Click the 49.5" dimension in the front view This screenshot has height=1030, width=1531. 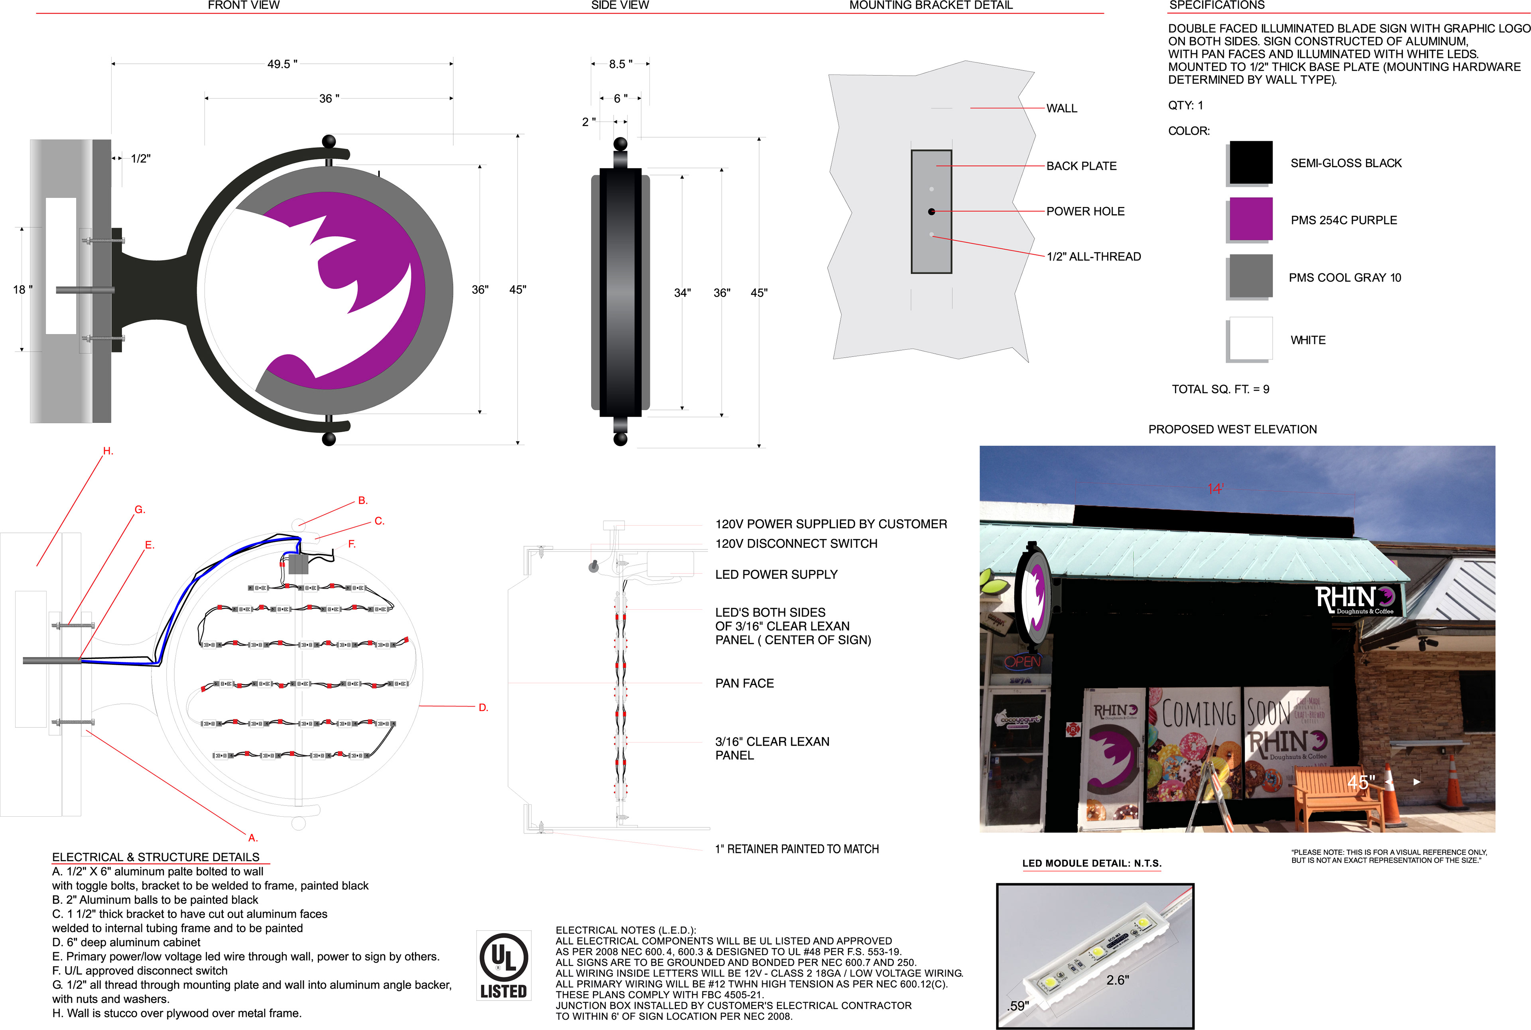click(x=282, y=64)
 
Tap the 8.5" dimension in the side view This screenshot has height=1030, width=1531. click(x=620, y=64)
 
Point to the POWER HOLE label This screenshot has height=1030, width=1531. click(x=1085, y=211)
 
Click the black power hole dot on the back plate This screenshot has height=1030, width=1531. click(x=931, y=211)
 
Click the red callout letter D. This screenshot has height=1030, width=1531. click(x=483, y=707)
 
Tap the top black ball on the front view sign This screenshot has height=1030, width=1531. click(x=329, y=141)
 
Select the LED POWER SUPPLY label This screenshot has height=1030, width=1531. click(x=776, y=575)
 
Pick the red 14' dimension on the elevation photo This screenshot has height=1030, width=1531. click(x=1215, y=489)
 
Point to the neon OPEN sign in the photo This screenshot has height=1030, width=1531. click(x=1023, y=662)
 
